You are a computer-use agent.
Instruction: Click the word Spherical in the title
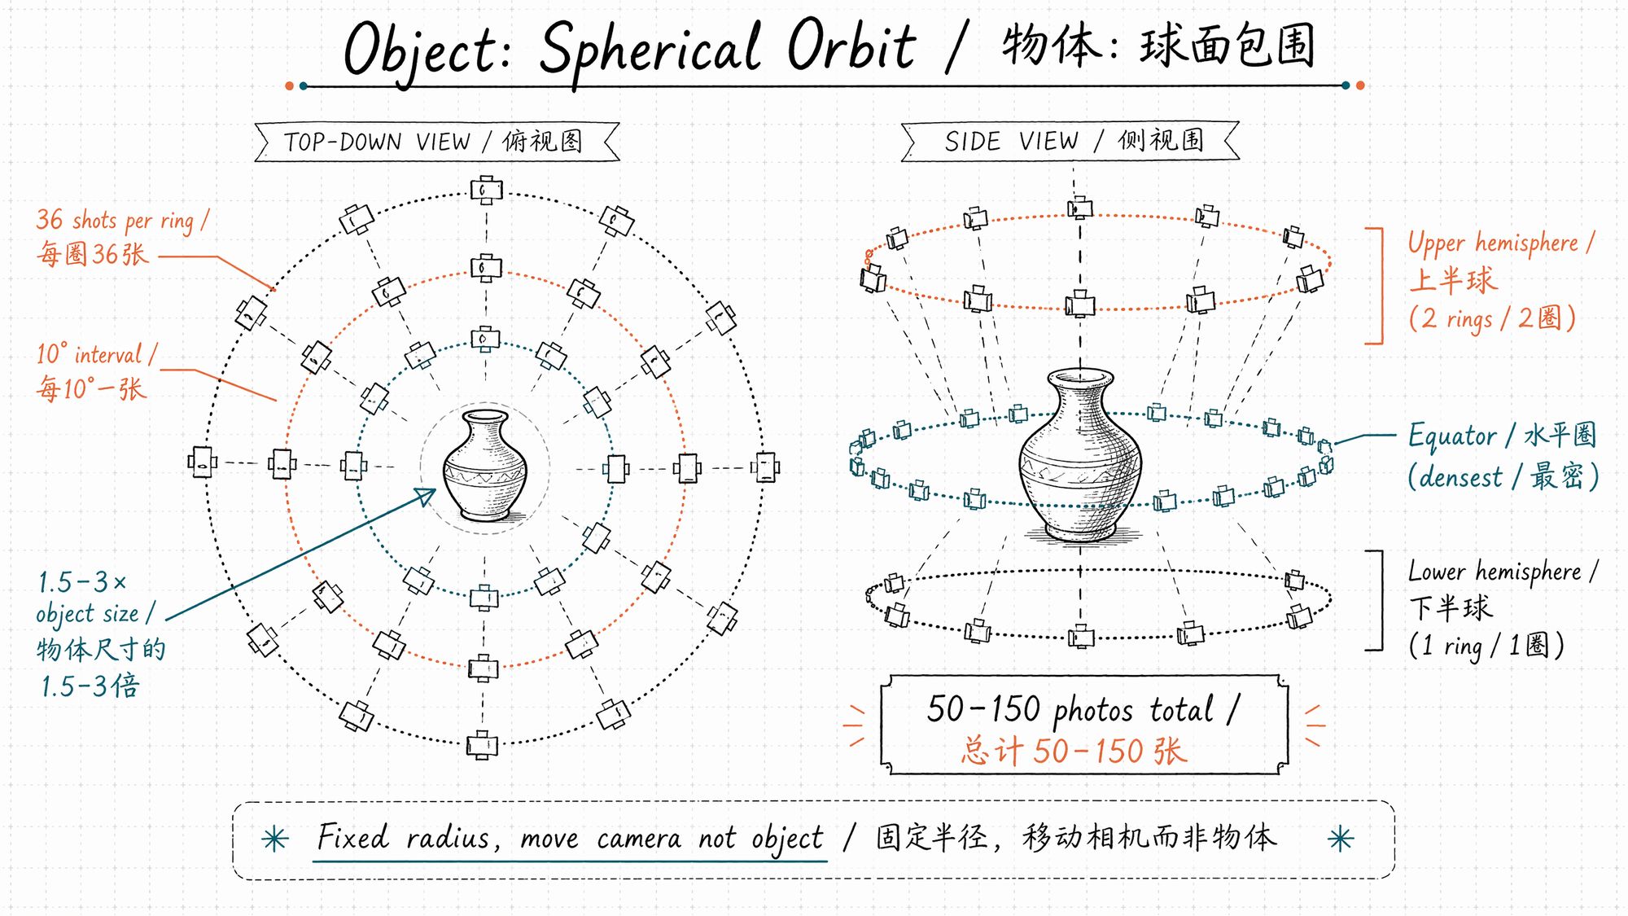649,49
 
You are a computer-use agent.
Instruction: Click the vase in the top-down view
485,467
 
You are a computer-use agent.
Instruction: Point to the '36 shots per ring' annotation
122,236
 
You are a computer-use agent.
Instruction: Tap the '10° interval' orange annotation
96,370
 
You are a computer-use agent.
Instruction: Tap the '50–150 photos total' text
1083,709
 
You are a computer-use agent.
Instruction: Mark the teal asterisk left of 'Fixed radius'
275,839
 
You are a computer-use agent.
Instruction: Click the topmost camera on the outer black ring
486,191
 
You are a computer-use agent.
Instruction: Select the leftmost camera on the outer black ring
202,462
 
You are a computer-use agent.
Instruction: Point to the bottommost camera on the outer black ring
482,745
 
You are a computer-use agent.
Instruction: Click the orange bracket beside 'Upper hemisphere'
1381,286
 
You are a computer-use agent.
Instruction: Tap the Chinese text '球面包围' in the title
1227,46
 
